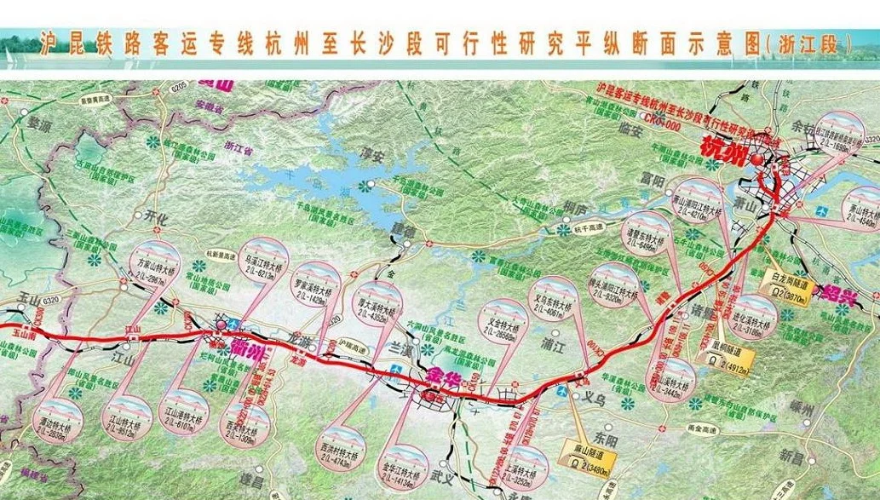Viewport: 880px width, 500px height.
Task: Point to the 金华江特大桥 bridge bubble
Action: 404,471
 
